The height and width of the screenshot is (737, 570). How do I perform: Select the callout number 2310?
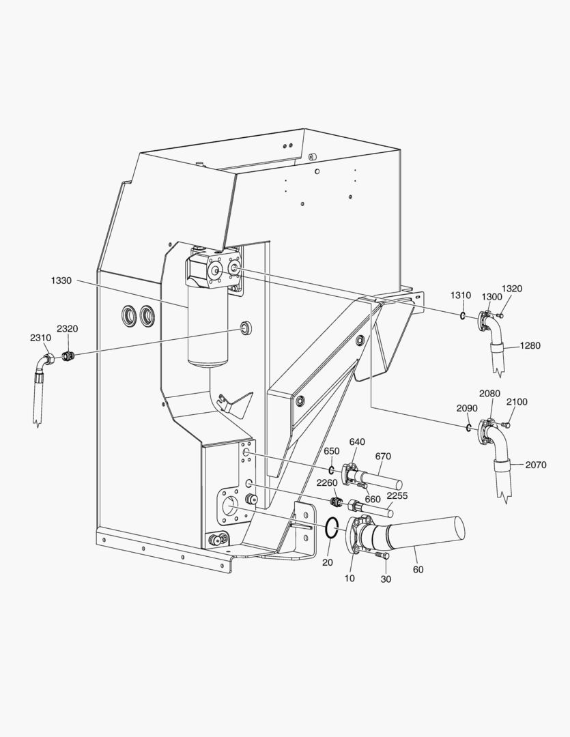(x=40, y=338)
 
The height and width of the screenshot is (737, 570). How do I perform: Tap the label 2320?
(x=67, y=329)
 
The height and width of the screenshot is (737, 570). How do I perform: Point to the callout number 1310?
(x=460, y=295)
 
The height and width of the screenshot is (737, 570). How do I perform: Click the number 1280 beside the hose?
(x=530, y=346)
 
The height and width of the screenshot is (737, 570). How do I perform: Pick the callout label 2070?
(x=535, y=465)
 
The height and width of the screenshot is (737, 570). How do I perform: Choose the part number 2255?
(x=397, y=495)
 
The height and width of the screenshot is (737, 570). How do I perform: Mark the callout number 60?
(x=418, y=569)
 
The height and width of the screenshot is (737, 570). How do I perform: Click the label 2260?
(x=327, y=483)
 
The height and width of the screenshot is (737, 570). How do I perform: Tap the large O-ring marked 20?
(x=331, y=528)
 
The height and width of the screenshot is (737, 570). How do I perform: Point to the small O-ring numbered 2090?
(x=468, y=428)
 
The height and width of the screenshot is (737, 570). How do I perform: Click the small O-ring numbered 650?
(x=331, y=470)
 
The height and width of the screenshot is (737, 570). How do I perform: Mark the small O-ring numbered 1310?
(x=462, y=315)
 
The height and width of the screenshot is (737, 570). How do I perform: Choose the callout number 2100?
(x=517, y=403)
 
